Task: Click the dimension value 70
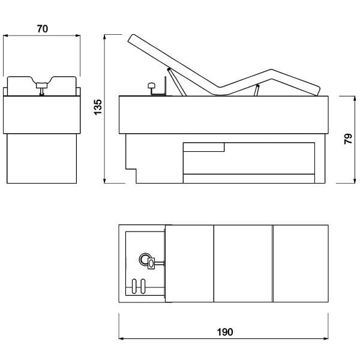point(43,29)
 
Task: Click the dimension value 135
point(98,107)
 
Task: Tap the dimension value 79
point(348,139)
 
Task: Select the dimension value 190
point(225,332)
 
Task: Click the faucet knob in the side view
point(152,86)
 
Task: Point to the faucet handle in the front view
point(41,85)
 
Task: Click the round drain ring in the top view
point(145,259)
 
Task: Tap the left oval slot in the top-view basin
point(134,286)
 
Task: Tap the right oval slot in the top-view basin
point(143,286)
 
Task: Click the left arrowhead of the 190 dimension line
point(121,338)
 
